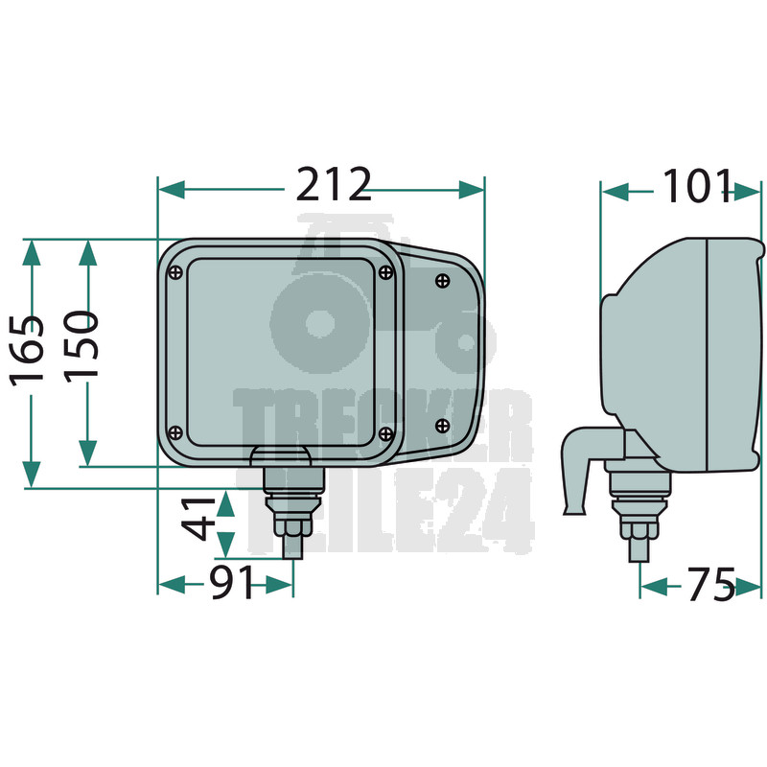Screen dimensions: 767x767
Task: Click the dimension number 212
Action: [x=334, y=184]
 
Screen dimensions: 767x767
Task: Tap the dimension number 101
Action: [x=697, y=186]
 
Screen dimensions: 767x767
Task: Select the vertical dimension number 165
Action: [x=28, y=350]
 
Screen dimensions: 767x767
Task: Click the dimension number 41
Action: [x=198, y=519]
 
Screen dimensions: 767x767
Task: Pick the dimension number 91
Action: [x=231, y=582]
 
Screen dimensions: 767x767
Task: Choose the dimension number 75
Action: [x=711, y=584]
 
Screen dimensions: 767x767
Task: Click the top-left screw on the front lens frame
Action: [x=175, y=273]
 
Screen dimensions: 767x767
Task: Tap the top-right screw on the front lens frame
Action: [x=386, y=272]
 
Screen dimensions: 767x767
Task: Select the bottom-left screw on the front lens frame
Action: [x=175, y=433]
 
